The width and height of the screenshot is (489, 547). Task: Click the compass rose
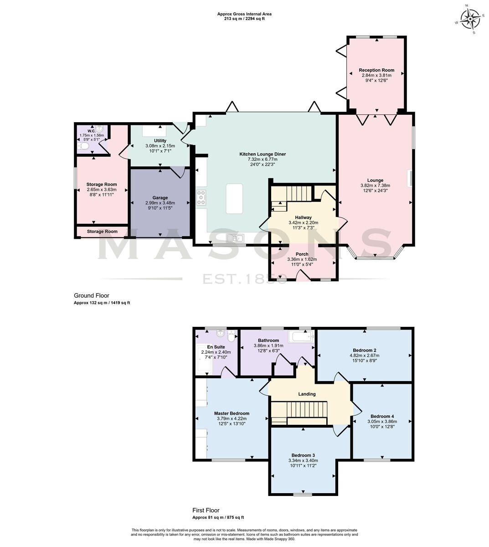[470, 19]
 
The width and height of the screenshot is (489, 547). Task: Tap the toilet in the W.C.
[83, 146]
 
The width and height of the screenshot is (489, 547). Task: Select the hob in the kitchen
[201, 198]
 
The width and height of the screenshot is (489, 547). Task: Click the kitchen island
[234, 198]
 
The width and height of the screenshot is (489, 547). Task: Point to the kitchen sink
[235, 238]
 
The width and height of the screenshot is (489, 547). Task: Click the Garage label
[160, 198]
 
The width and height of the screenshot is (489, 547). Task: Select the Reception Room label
[376, 70]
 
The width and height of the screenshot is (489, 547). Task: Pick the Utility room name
[160, 141]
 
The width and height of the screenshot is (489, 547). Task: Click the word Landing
[307, 394]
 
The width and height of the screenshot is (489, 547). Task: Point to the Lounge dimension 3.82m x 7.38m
[375, 186]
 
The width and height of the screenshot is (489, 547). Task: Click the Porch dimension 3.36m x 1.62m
[302, 259]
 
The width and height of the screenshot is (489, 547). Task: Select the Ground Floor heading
[92, 295]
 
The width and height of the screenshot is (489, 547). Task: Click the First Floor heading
[206, 510]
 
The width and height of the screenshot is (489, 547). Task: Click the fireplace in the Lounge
[411, 178]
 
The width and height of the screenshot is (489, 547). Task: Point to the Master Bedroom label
[232, 413]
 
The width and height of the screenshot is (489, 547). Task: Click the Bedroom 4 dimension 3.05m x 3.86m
[382, 422]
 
